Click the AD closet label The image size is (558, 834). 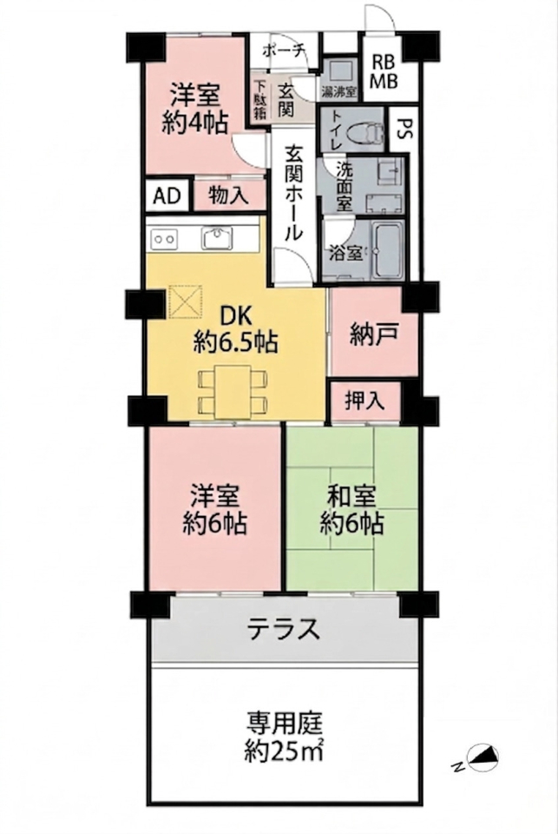tap(167, 196)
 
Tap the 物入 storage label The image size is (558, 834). tap(228, 195)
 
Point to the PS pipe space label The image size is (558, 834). tap(404, 129)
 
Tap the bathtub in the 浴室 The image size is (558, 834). tap(387, 250)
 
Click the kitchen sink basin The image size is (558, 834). tap(216, 238)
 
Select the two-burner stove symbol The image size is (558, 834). tap(164, 239)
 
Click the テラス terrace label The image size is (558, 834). tap(285, 629)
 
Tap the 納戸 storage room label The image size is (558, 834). tap(374, 335)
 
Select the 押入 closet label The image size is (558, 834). tap(364, 400)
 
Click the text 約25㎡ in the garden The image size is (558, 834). tap(285, 751)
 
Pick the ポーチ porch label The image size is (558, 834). tap(285, 51)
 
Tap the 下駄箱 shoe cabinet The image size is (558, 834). tap(260, 99)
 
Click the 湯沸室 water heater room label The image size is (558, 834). tap(338, 91)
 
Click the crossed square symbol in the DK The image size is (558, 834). tap(186, 301)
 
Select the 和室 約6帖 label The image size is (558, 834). tap(351, 511)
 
